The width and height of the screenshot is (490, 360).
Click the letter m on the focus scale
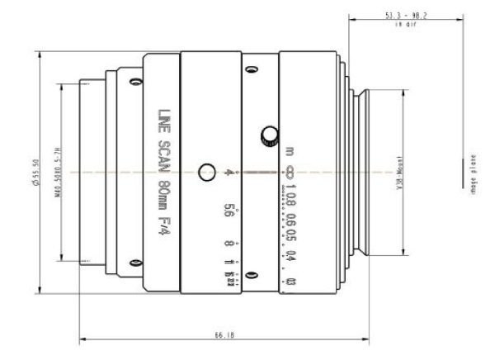coord(290,152)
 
